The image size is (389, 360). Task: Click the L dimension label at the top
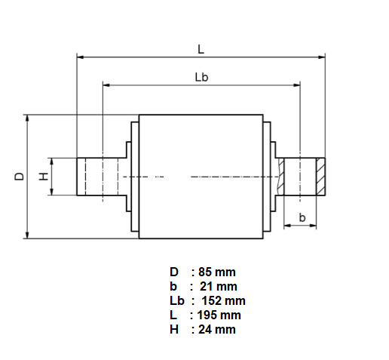pos(201,49)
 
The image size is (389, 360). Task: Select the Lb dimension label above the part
pos(201,77)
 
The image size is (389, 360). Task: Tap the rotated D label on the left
pos(19,177)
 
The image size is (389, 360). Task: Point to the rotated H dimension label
pos(44,177)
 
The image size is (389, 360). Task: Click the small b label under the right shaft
pos(302,217)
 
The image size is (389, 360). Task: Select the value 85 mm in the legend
pos(217,272)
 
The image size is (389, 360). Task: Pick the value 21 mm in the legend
pos(219,287)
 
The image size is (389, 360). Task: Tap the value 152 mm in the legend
pos(224,301)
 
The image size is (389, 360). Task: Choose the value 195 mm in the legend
pos(219,315)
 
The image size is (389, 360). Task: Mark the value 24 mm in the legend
pos(217,330)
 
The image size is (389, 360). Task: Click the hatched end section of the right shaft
pos(320,177)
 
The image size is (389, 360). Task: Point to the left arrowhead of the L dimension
pos(81,57)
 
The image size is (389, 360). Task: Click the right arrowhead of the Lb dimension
pos(296,85)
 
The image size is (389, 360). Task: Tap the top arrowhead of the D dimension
pos(27,118)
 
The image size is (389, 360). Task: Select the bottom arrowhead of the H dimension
pos(51,192)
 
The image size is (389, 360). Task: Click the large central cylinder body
pos(201,177)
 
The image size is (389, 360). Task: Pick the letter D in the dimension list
pos(174,272)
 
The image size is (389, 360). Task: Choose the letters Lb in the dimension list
pos(177,301)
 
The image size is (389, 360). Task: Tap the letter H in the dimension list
pos(174,330)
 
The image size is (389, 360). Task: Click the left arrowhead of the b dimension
pos(287,226)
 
